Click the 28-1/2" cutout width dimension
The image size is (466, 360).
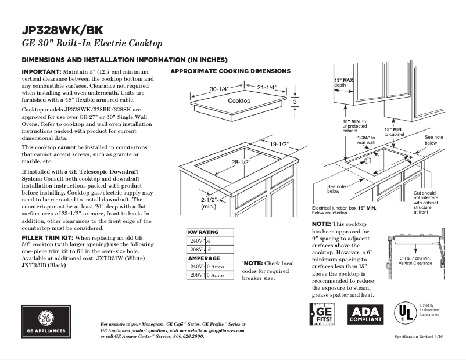tap(240, 163)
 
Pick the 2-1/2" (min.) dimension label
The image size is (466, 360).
tap(209, 203)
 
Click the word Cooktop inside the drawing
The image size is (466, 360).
tap(239, 101)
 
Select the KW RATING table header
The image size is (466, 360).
tap(203, 232)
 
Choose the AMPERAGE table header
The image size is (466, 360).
tap(203, 258)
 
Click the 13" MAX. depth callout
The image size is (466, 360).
tap(344, 82)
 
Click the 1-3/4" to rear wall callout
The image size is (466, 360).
tap(365, 139)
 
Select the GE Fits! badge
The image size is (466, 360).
tap(324, 315)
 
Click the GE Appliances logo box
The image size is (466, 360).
tap(46, 322)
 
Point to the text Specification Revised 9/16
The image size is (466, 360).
tap(422, 337)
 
